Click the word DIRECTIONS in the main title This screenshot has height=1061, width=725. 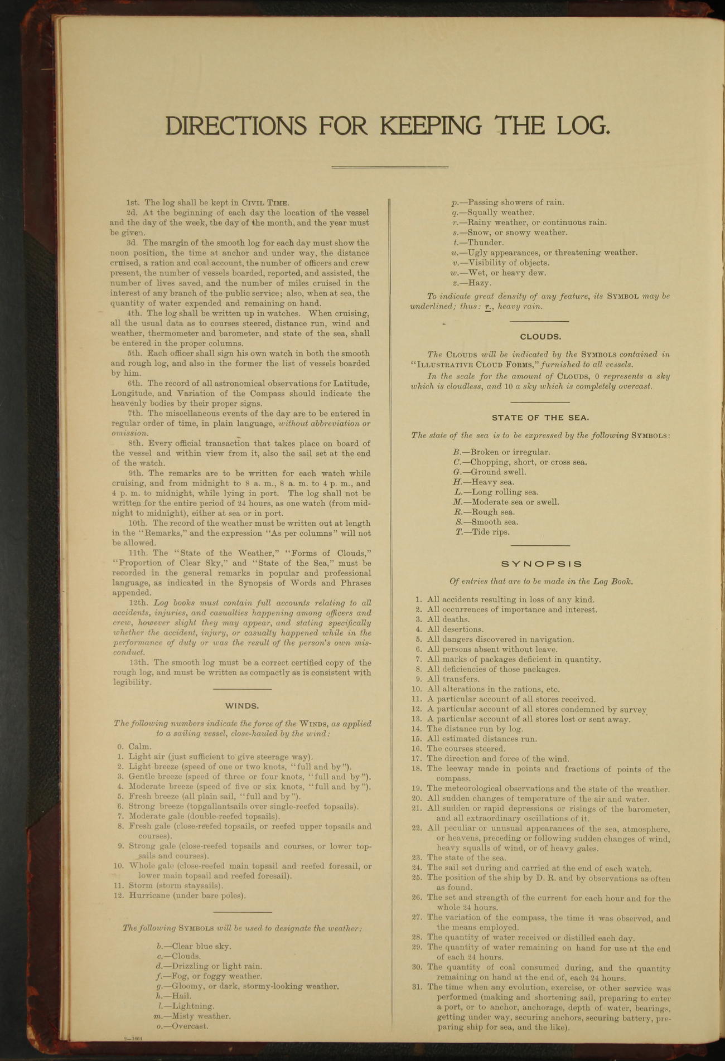pyautogui.click(x=236, y=126)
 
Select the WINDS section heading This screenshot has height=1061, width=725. pyautogui.click(x=242, y=706)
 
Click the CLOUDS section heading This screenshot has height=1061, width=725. pyautogui.click(x=540, y=337)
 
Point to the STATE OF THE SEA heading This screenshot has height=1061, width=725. pyautogui.click(x=540, y=417)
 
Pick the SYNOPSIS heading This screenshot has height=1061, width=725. pyautogui.click(x=542, y=564)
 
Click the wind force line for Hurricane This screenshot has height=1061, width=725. pyautogui.click(x=187, y=895)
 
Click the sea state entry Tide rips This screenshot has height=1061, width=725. pyautogui.click(x=482, y=532)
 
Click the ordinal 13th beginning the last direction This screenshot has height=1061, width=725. pyautogui.click(x=137, y=662)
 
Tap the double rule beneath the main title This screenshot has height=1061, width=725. pyautogui.click(x=390, y=167)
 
